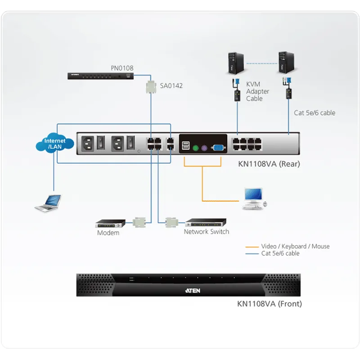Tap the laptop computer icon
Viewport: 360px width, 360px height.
(x=48, y=203)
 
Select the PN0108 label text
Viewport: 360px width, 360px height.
(x=122, y=68)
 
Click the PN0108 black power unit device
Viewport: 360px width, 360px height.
(x=100, y=76)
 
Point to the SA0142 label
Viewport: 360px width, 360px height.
(x=171, y=85)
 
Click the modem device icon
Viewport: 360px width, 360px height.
(x=110, y=223)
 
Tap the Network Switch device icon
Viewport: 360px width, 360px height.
(x=206, y=222)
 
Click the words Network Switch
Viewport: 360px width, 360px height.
(x=207, y=231)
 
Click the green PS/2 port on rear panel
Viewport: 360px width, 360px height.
(x=195, y=148)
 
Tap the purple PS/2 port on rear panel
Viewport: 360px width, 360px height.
(x=204, y=148)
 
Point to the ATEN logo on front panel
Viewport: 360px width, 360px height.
(x=193, y=290)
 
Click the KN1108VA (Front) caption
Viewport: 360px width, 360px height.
(x=269, y=303)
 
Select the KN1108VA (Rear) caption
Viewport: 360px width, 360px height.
(x=269, y=164)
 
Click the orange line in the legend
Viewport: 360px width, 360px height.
(x=252, y=247)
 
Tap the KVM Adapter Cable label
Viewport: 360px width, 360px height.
(x=257, y=91)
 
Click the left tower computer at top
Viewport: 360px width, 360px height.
(x=236, y=63)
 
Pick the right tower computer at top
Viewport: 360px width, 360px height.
(x=287, y=63)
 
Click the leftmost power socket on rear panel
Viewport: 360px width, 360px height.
(x=87, y=144)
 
